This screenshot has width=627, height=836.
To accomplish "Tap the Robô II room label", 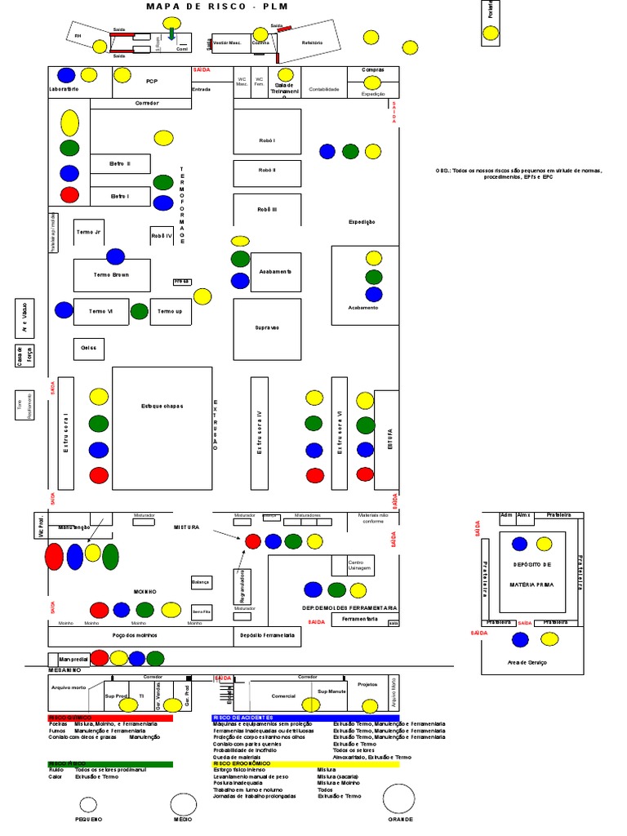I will point(267,171).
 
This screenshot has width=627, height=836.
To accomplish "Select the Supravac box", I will point(267,327).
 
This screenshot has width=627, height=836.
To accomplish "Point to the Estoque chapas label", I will point(162,406).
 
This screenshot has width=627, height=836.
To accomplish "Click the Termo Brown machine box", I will point(112,275).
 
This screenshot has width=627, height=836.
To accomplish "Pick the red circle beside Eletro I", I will point(69,195).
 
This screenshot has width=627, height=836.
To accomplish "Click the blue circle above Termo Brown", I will point(116,256).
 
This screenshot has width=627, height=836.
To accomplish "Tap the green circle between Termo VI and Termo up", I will point(140,311).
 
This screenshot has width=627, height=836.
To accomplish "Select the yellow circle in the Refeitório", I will point(371,37).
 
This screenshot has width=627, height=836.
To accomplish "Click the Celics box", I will point(89,349).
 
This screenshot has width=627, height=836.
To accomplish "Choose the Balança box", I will point(201,582).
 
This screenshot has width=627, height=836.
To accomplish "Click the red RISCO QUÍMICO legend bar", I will point(110,718).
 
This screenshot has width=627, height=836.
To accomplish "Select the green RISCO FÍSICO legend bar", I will point(110,763).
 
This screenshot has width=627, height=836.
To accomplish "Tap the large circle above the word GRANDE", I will point(399,800).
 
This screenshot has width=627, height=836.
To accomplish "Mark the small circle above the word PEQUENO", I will point(88,803).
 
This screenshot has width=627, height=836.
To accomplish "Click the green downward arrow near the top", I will point(171,33).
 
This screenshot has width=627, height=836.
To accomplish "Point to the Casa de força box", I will point(20,356).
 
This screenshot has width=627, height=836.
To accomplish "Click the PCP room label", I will point(152,82).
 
